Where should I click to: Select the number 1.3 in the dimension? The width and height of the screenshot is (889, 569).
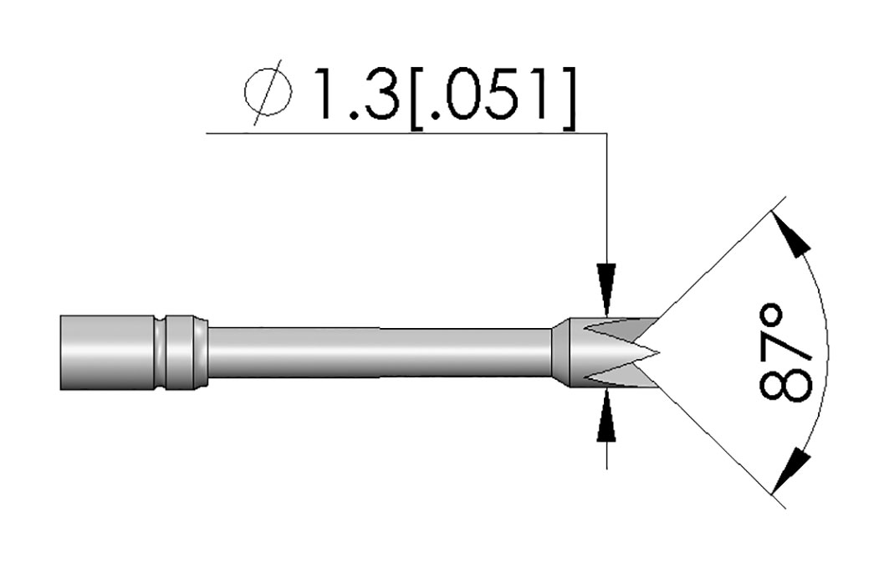(x=355, y=95)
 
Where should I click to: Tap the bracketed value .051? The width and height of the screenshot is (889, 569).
(x=491, y=95)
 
